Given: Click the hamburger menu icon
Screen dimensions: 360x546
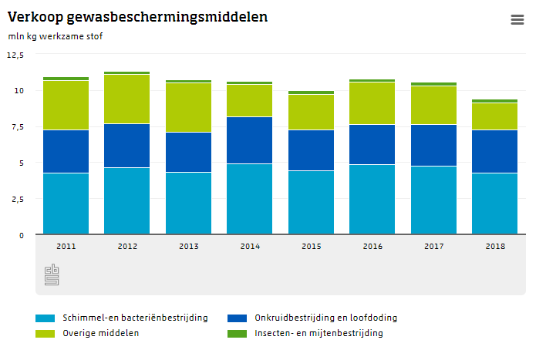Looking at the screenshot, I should click(x=517, y=20).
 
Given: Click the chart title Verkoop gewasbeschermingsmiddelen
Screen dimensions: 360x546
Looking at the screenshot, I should click(x=137, y=17).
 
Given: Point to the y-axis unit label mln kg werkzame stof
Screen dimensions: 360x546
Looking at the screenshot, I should click(x=55, y=36).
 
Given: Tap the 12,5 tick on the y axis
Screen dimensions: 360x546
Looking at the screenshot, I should click(x=15, y=55).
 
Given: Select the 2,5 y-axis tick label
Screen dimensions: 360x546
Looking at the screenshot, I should click(x=15, y=199).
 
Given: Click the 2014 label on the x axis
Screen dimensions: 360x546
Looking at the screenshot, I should click(x=250, y=246).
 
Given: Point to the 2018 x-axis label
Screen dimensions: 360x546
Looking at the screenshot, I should click(x=495, y=246).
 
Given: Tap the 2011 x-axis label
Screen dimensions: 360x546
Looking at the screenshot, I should click(x=66, y=246).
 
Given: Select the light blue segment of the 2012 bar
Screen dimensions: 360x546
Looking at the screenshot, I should click(x=127, y=200).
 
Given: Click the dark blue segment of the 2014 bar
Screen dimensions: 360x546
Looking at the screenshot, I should click(x=250, y=140).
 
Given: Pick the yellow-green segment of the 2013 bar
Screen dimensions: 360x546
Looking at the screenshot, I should click(x=188, y=107).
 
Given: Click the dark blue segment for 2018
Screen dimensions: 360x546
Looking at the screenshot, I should click(x=495, y=151).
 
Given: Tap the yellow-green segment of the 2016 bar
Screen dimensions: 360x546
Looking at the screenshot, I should click(x=372, y=103).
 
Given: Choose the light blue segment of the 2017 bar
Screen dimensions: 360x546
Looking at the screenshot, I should click(x=433, y=200).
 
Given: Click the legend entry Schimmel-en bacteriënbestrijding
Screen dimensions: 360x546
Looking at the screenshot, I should click(x=134, y=318).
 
